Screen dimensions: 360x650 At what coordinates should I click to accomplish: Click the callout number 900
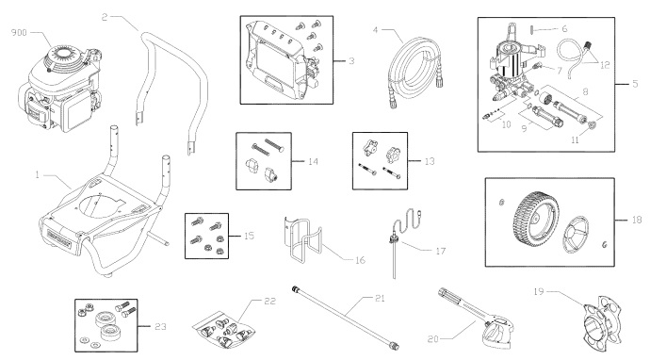click(18, 33)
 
